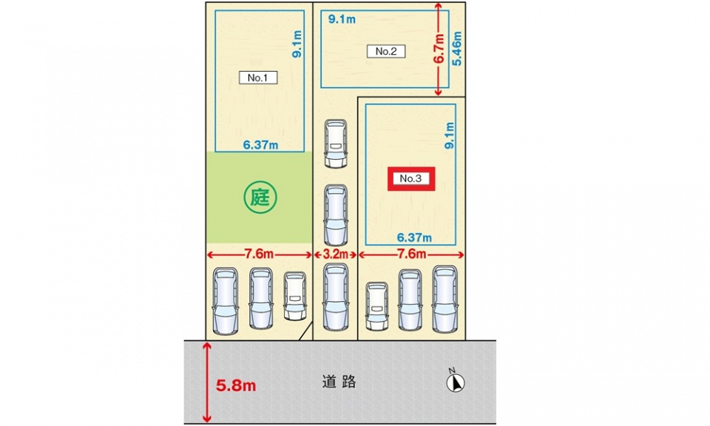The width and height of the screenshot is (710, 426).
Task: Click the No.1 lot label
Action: (x=258, y=78)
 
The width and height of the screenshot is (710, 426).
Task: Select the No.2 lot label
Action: (x=386, y=51)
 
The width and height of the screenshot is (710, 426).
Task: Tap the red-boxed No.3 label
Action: (x=411, y=178)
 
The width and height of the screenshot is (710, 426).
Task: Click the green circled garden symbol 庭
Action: (x=260, y=197)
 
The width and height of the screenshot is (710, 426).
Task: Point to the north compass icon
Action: (x=455, y=382)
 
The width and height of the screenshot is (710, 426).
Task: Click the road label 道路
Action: (x=339, y=382)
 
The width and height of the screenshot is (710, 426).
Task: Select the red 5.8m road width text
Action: (x=236, y=385)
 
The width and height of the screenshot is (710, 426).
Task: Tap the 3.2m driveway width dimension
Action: (x=336, y=254)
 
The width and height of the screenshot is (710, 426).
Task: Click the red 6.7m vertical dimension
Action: (x=439, y=50)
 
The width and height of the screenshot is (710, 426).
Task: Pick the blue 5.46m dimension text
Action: (x=456, y=48)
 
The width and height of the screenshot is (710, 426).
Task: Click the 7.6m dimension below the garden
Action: (x=259, y=254)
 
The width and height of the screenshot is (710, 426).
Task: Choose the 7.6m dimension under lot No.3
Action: (x=412, y=254)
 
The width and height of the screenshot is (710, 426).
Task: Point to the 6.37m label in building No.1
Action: (x=260, y=145)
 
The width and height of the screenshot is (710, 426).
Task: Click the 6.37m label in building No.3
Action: (x=414, y=237)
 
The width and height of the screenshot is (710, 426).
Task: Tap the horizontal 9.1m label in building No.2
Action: (x=342, y=19)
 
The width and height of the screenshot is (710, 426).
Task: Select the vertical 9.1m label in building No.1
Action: (x=297, y=44)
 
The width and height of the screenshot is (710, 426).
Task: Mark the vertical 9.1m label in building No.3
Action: (x=449, y=135)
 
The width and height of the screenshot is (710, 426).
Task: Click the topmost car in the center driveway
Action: (x=336, y=143)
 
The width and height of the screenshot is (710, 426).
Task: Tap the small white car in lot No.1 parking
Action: (x=295, y=296)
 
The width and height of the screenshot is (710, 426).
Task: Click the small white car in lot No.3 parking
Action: (x=376, y=306)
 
